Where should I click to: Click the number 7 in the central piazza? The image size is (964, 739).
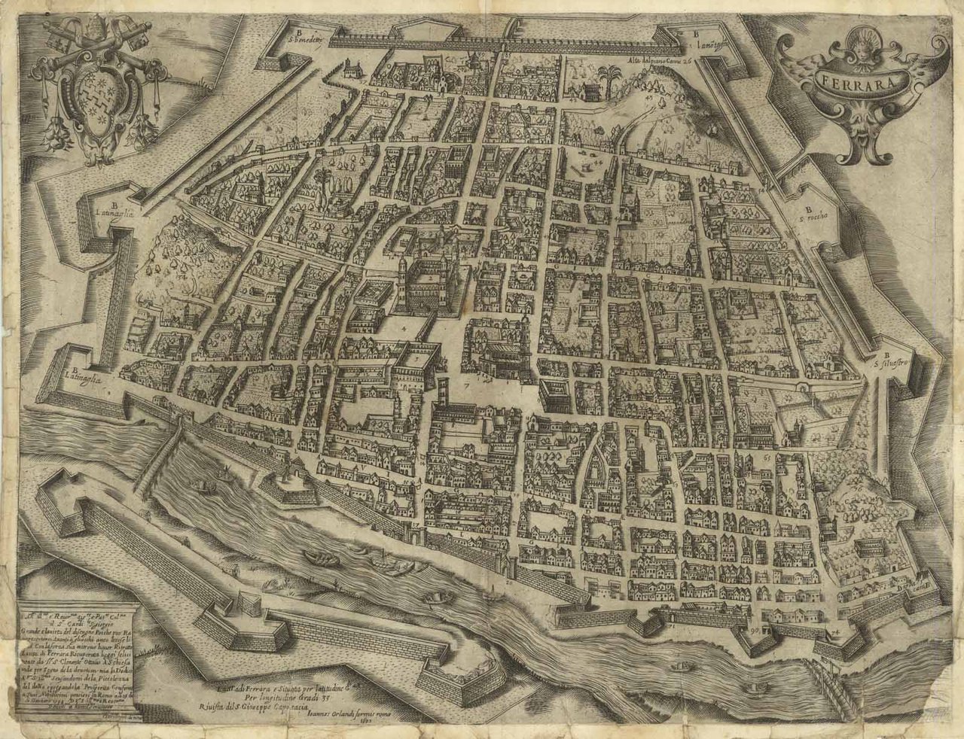(466, 385)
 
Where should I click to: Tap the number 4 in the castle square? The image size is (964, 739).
(404, 329)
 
